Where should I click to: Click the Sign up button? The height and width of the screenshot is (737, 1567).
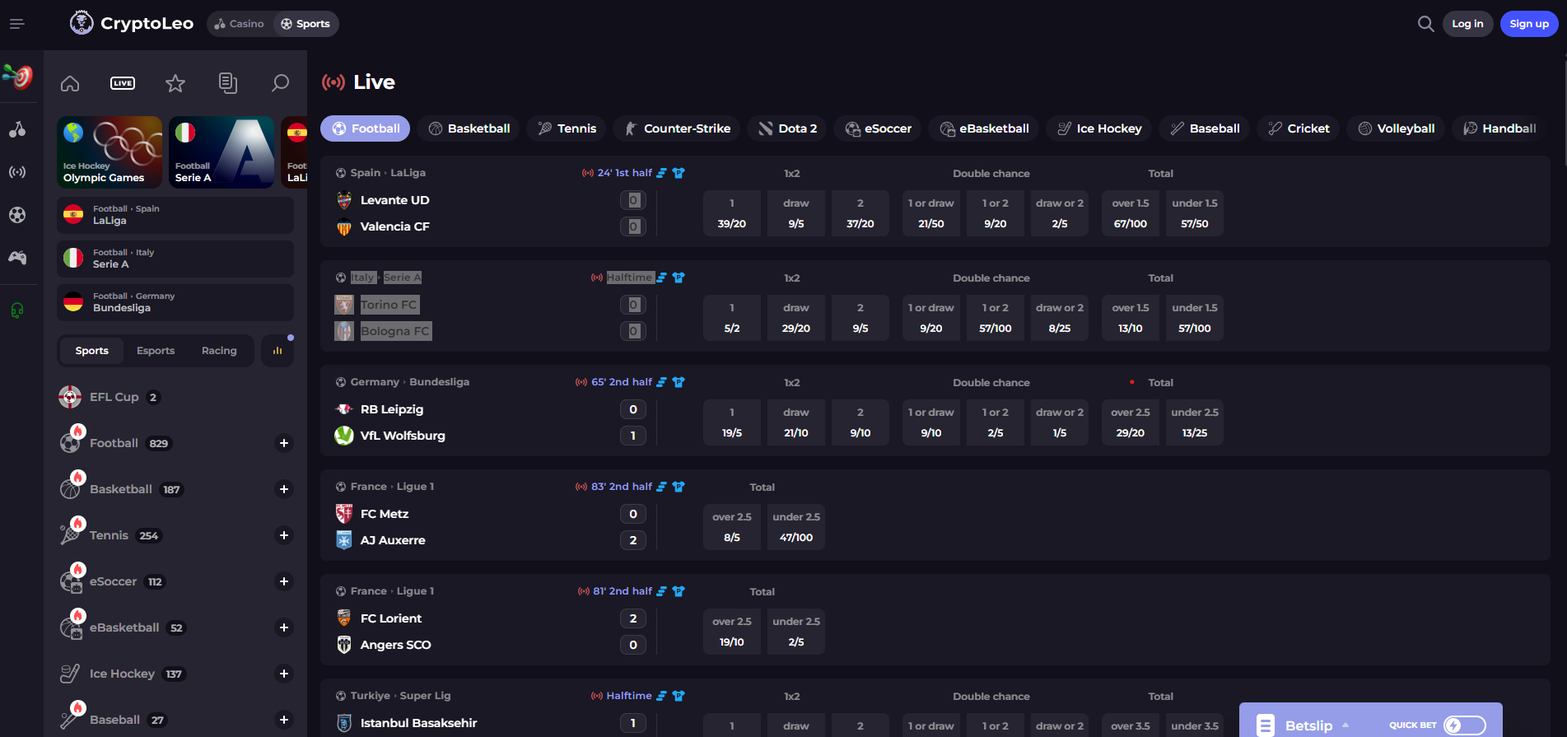tap(1528, 24)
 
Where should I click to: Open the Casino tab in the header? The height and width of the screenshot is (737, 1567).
tap(240, 24)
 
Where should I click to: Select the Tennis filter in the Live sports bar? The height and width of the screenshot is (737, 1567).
tap(567, 128)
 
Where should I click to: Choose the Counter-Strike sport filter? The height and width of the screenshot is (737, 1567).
tap(678, 128)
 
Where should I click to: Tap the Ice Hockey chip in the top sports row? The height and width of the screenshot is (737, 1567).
tap(1099, 128)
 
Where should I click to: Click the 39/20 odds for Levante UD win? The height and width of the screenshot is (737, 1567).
tap(731, 213)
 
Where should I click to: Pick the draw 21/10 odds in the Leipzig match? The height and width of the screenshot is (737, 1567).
tap(795, 422)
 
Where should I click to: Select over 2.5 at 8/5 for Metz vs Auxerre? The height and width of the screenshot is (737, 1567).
tap(731, 527)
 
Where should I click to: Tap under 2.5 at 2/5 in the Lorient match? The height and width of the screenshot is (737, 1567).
tap(795, 632)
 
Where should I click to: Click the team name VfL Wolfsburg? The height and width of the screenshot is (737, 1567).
tap(402, 436)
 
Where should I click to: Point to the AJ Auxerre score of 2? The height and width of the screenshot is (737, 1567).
tap(632, 540)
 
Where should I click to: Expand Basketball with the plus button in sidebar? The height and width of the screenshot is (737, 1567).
tap(283, 489)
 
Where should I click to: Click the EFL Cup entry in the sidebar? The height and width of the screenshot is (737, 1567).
tap(114, 397)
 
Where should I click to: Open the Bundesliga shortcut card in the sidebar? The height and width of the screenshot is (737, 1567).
tap(175, 302)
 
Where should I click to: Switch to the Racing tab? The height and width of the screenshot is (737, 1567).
tap(219, 351)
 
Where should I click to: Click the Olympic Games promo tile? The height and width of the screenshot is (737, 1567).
tap(110, 152)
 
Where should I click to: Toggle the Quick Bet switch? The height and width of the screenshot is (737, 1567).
tap(1464, 725)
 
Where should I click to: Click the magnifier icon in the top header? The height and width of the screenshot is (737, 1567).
tap(1425, 24)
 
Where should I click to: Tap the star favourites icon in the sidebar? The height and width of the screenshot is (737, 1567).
tap(175, 83)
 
